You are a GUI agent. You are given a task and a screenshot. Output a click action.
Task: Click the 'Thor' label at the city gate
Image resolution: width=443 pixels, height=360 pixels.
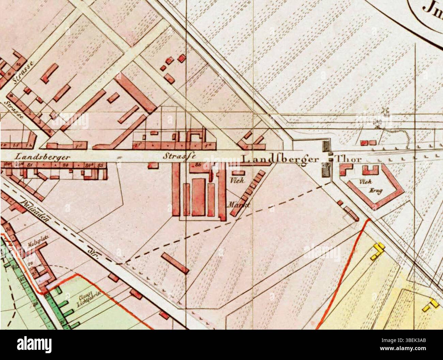point(348,159)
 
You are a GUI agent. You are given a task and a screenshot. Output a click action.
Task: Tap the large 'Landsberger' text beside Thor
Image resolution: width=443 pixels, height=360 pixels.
point(280,159)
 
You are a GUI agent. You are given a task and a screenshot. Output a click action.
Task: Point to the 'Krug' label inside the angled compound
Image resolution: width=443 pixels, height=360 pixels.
point(374,191)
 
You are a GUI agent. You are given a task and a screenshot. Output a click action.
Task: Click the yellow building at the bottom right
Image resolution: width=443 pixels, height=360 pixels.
point(431,304)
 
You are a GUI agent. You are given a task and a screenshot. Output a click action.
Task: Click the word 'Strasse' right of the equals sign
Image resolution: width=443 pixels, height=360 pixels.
point(179,157)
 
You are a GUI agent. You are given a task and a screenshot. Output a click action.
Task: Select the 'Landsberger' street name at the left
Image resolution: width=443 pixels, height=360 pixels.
point(42,157)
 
